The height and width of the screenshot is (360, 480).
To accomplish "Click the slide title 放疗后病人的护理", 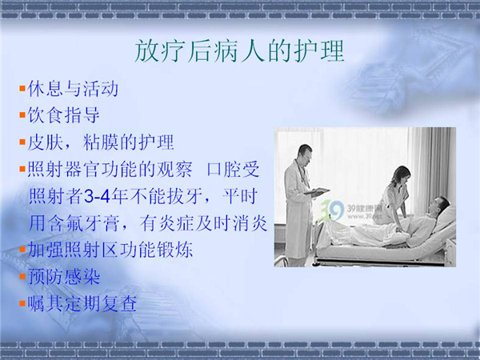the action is click(x=239, y=51).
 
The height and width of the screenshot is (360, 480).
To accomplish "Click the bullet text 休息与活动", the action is click(x=73, y=89).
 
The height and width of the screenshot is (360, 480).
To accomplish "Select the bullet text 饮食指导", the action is click(x=64, y=115).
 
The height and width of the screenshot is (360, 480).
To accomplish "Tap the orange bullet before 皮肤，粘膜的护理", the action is click(x=22, y=142).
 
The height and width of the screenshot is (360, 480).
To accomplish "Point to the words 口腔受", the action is click(x=234, y=170).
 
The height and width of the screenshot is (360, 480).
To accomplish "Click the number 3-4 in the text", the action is click(x=97, y=196).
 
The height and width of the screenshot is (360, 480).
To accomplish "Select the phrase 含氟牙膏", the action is click(x=83, y=223).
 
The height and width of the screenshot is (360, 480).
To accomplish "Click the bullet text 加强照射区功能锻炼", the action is click(x=110, y=250).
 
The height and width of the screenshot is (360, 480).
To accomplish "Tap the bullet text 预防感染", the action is click(x=64, y=277).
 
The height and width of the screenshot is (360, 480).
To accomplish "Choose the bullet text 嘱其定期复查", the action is click(x=82, y=303).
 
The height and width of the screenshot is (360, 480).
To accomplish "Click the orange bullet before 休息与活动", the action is click(x=22, y=89).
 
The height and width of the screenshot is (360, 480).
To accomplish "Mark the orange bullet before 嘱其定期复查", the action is click(x=22, y=303).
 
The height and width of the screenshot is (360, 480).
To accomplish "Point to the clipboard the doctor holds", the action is click(x=317, y=192).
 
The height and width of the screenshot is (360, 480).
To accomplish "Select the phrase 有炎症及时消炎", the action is click(x=203, y=223).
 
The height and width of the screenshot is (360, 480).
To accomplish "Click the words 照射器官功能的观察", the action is click(x=110, y=170).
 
